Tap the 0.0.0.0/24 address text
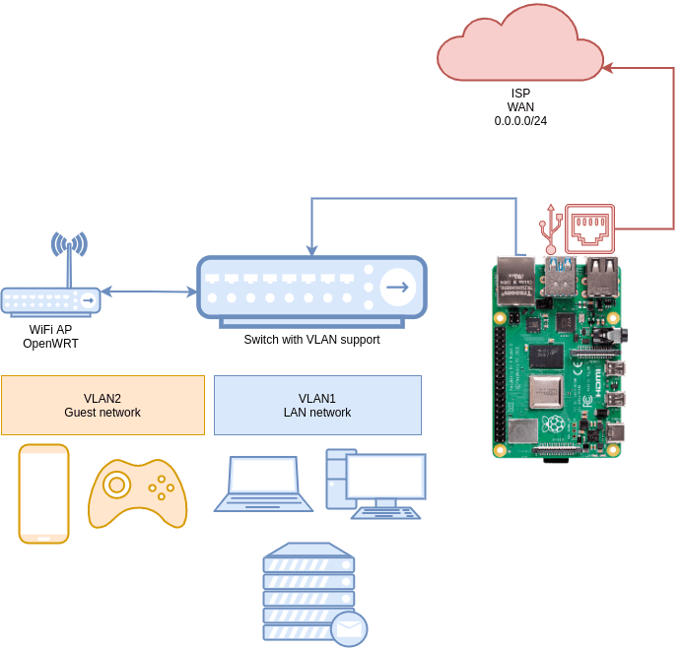pos(520,120)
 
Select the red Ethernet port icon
pos(589,228)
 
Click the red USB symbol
pos(551,228)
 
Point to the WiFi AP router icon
pos(50,300)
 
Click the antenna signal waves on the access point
pos(69,243)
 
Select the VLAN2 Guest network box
pos(102,405)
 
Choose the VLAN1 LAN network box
pos(317,405)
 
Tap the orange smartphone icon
pos(43,493)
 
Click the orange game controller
pos(137,493)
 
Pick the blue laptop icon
pos(263,484)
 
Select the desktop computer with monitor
pos(376,484)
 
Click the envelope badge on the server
pos(349,629)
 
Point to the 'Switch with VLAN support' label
pos(311,340)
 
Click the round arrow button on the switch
pos(398,287)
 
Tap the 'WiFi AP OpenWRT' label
pos(50,337)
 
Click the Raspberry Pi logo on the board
pos(554,424)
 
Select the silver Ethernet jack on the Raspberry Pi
pos(516,281)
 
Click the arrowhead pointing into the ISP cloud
pos(608,67)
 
